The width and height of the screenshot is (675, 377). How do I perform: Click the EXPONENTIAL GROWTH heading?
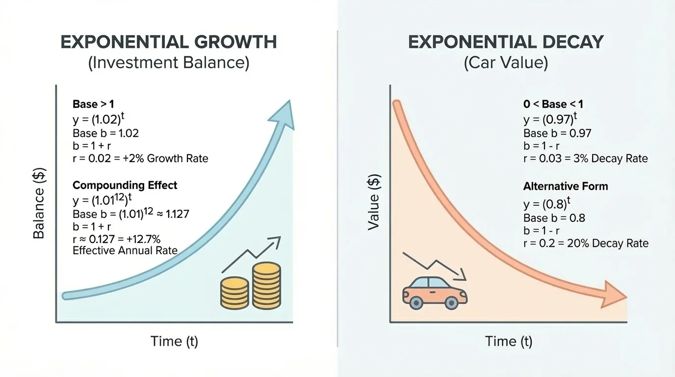[x=168, y=42]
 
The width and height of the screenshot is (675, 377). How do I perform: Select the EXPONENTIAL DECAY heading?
[x=506, y=42]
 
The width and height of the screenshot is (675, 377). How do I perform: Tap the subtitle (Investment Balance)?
[x=168, y=63]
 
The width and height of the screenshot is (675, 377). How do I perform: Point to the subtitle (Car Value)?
[x=506, y=63]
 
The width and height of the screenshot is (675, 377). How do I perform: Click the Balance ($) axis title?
[x=39, y=203]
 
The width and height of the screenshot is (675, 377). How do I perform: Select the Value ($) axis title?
[x=374, y=203]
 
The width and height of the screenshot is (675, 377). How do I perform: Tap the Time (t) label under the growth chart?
[x=174, y=341]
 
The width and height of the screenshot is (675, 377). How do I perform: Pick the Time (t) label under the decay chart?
[x=509, y=341]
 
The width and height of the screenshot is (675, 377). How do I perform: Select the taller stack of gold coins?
[x=266, y=286]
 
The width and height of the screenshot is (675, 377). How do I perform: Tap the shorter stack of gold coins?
[x=234, y=293]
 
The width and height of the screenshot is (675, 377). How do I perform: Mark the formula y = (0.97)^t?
[x=550, y=119]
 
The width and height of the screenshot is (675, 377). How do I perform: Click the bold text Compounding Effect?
[x=125, y=185]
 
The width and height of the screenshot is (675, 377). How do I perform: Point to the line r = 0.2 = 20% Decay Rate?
[x=586, y=243]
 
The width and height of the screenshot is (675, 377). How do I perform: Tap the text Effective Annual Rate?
[x=125, y=250]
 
